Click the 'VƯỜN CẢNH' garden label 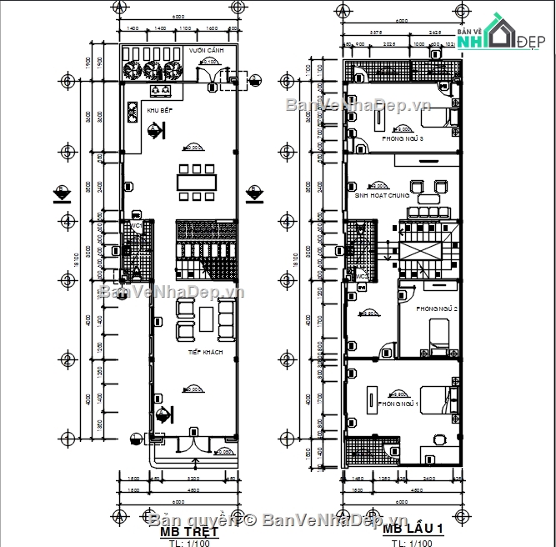pyautogui.click(x=203, y=51)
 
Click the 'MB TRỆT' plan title pyautogui.click(x=189, y=531)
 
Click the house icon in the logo pyautogui.click(x=503, y=33)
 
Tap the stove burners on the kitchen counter pyautogui.click(x=161, y=90)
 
